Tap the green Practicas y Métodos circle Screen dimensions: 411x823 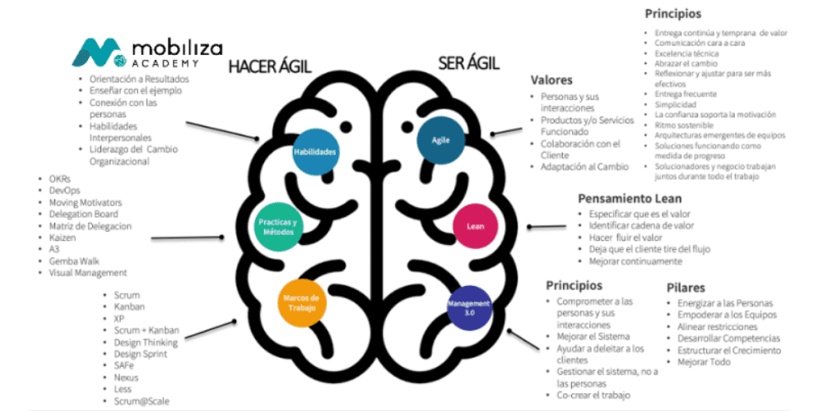coord(277,226)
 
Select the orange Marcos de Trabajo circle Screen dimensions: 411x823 coord(302,302)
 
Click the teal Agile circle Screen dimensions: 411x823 coord(441,140)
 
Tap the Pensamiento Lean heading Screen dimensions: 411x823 coord(630,198)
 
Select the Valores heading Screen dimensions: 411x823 coord(552,80)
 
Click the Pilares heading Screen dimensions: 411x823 coord(687,288)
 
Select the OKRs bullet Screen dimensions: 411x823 coord(61,179)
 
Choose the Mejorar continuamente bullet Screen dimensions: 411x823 coord(635,261)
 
